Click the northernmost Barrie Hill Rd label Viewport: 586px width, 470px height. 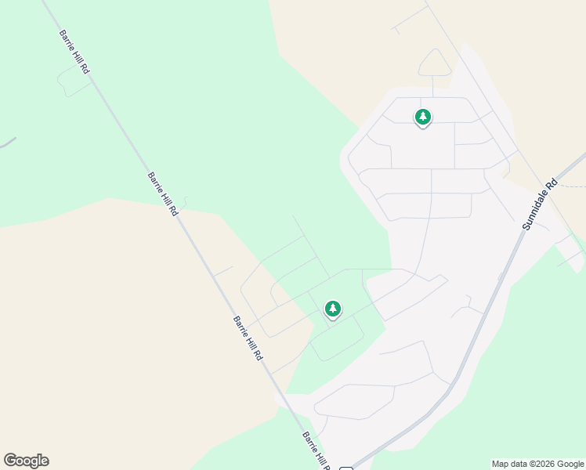pos(74,52)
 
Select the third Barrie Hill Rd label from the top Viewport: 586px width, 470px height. pos(248,338)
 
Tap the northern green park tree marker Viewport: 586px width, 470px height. pos(423,117)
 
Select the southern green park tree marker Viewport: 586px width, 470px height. pos(333,309)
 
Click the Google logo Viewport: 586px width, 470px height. pos(26,461)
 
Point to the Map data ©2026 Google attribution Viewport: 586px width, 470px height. pos(538,464)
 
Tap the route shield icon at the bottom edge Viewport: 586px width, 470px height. pos(345,468)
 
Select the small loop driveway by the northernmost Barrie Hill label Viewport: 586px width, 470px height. pos(73,83)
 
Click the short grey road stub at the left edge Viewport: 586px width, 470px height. pos(8,143)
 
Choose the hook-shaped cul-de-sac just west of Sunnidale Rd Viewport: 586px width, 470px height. pos(465,306)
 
